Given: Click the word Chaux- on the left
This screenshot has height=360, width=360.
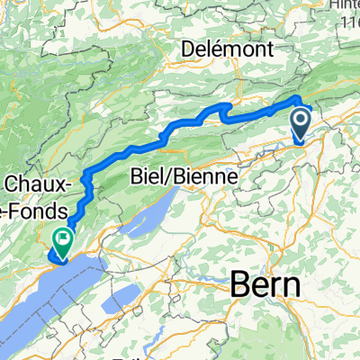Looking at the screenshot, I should point(34,185).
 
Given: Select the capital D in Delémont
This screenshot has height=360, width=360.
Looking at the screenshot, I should point(189,46).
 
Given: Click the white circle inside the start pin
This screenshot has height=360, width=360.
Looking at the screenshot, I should point(300,118).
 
